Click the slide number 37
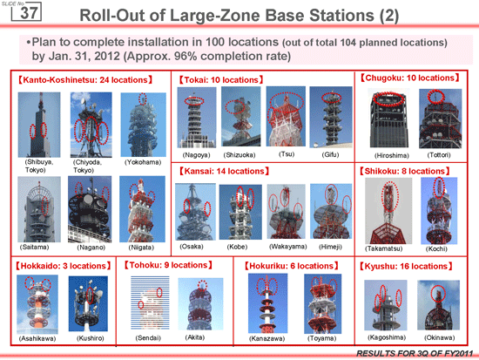(29, 13)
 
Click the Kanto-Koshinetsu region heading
(85, 80)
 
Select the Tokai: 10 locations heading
(221, 80)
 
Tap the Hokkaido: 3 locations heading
(64, 266)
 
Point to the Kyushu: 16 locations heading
(406, 267)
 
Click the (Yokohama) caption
(143, 162)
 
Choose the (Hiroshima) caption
(392, 155)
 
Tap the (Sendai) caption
(148, 338)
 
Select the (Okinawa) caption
(439, 337)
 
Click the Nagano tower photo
(90, 209)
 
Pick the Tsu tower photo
(286, 117)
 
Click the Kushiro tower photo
(88, 303)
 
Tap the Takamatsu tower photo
(388, 211)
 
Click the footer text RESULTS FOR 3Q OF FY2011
(415, 354)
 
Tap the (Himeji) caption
(330, 247)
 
